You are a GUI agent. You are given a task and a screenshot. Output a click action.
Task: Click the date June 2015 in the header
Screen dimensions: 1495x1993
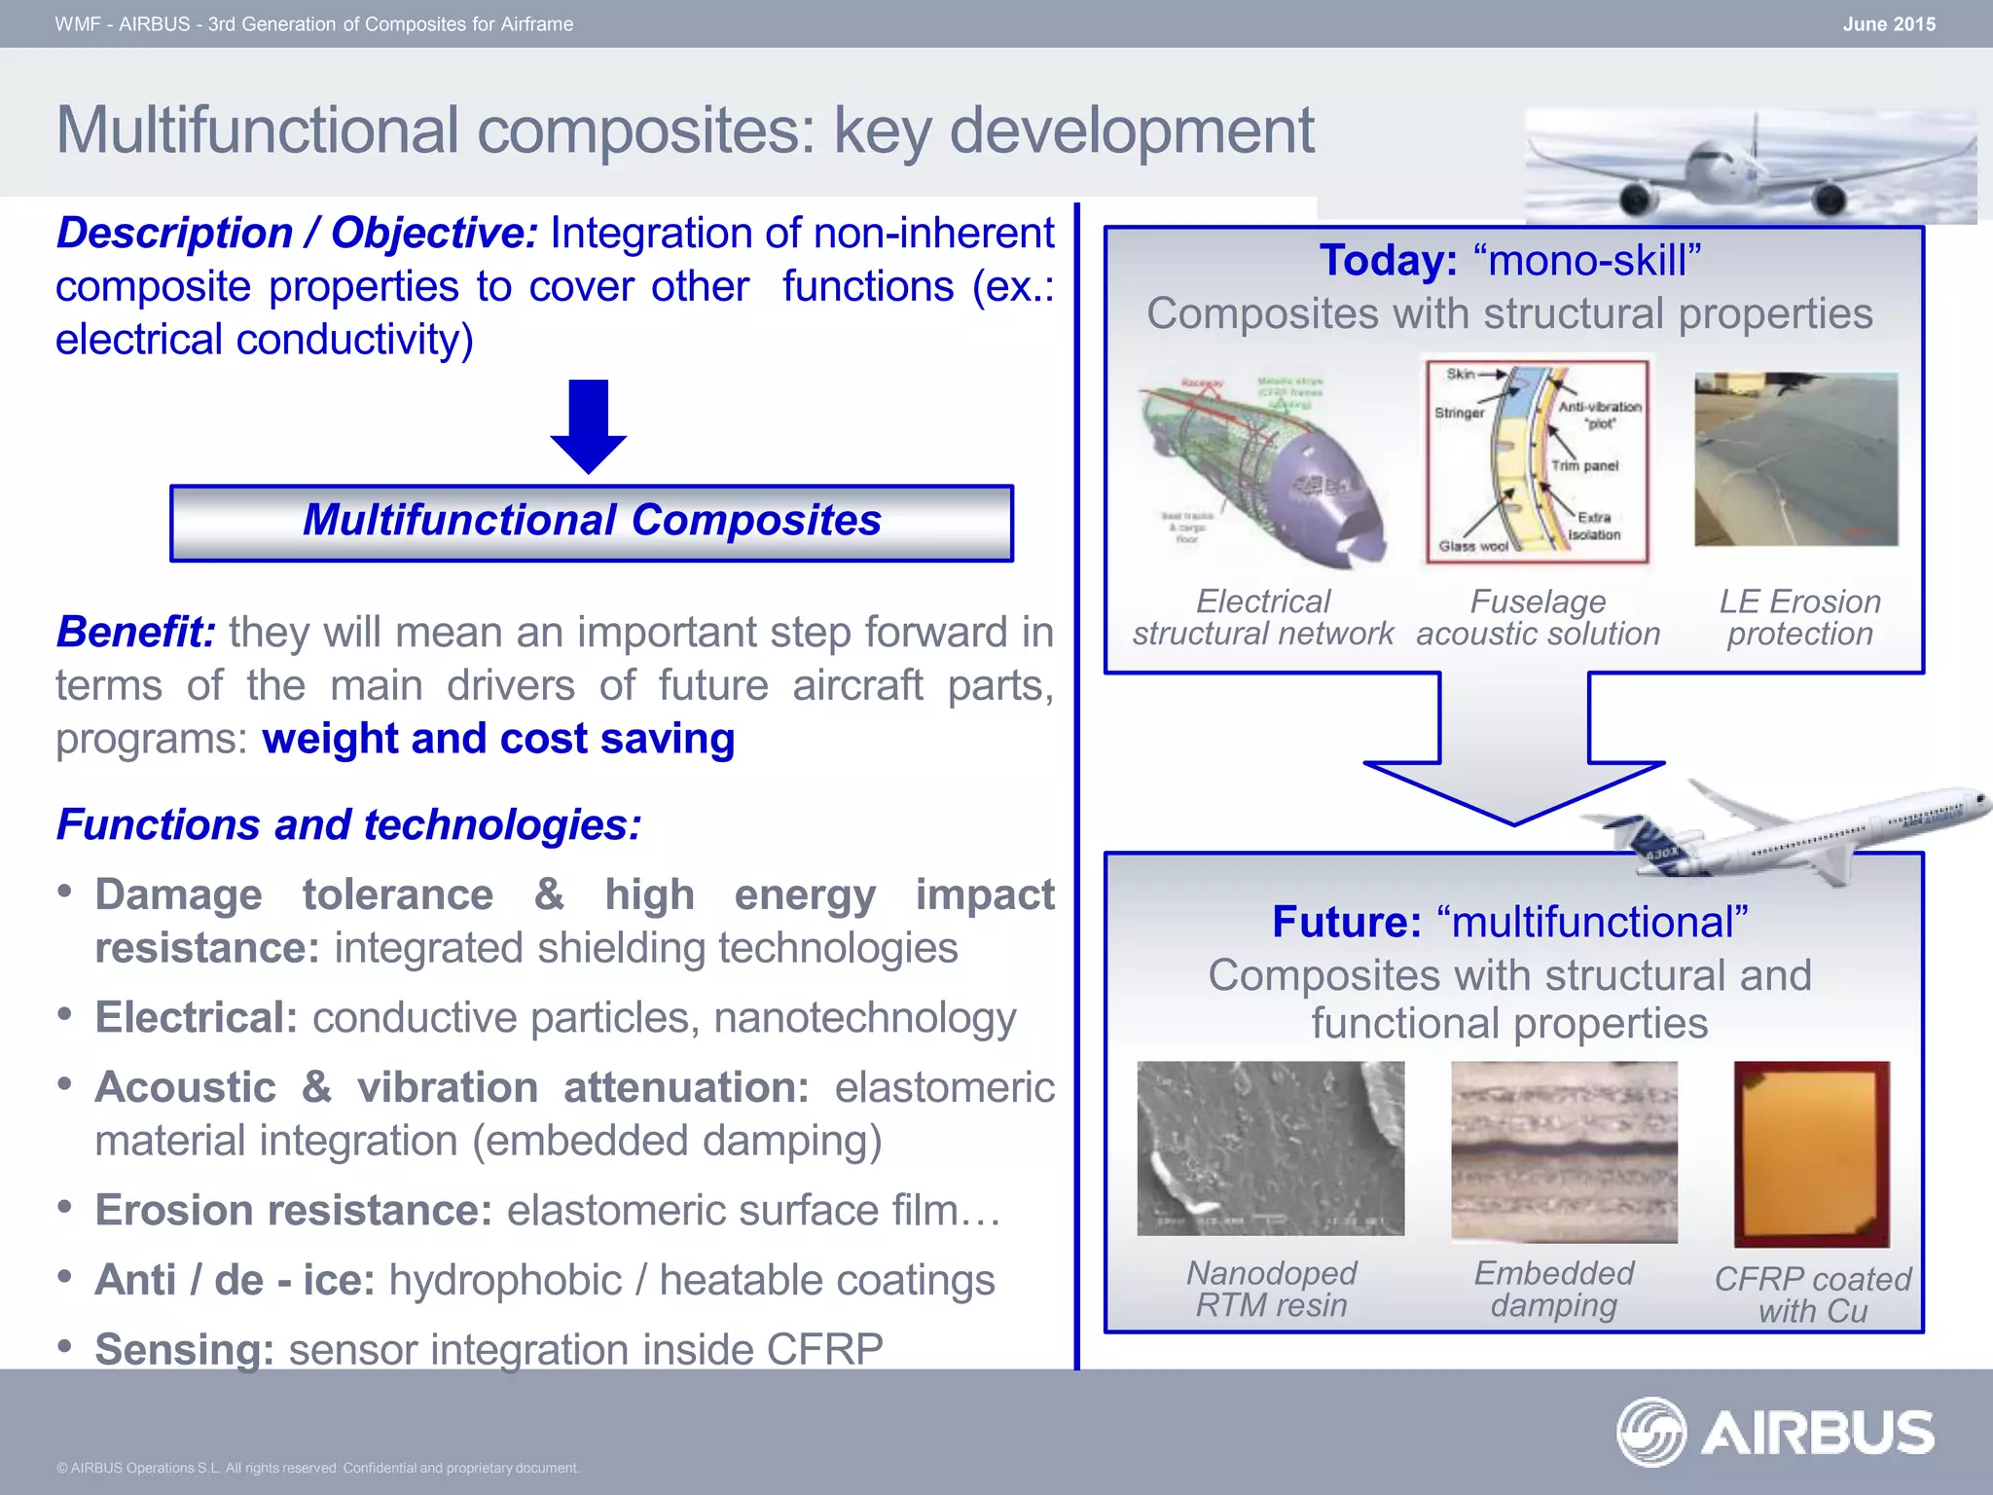1888,24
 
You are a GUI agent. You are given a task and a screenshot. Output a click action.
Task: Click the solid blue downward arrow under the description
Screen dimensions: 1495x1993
588,425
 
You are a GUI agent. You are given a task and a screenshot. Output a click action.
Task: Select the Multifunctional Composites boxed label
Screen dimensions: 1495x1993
591,522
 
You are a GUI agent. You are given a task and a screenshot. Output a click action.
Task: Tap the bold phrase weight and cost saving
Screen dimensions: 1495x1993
498,739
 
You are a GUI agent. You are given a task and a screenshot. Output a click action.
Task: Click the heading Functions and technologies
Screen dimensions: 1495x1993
348,824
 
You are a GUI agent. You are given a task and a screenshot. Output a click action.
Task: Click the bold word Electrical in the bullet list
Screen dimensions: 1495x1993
196,1018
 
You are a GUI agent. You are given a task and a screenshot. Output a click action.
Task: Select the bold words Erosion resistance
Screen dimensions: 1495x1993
293,1211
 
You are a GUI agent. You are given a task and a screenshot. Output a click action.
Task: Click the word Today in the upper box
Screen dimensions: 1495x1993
1388,261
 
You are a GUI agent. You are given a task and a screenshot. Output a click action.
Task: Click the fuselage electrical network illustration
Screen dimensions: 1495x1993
1261,467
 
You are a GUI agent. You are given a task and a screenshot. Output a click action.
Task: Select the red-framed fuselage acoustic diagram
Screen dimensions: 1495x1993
1537,459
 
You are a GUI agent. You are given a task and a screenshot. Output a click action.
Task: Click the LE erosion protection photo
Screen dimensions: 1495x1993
1795,459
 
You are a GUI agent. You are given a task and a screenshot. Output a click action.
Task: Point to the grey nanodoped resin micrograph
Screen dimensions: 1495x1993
1270,1149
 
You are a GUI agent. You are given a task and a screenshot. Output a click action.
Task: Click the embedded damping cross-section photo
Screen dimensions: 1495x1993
1564,1151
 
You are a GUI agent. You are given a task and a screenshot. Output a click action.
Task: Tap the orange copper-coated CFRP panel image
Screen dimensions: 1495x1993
1811,1154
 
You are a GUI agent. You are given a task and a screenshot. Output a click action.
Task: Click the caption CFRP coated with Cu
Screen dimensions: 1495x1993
1812,1294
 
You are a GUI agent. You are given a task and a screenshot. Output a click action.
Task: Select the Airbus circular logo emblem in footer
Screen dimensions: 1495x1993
1650,1432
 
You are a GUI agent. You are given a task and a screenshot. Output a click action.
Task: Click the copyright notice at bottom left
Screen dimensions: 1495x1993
318,1468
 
